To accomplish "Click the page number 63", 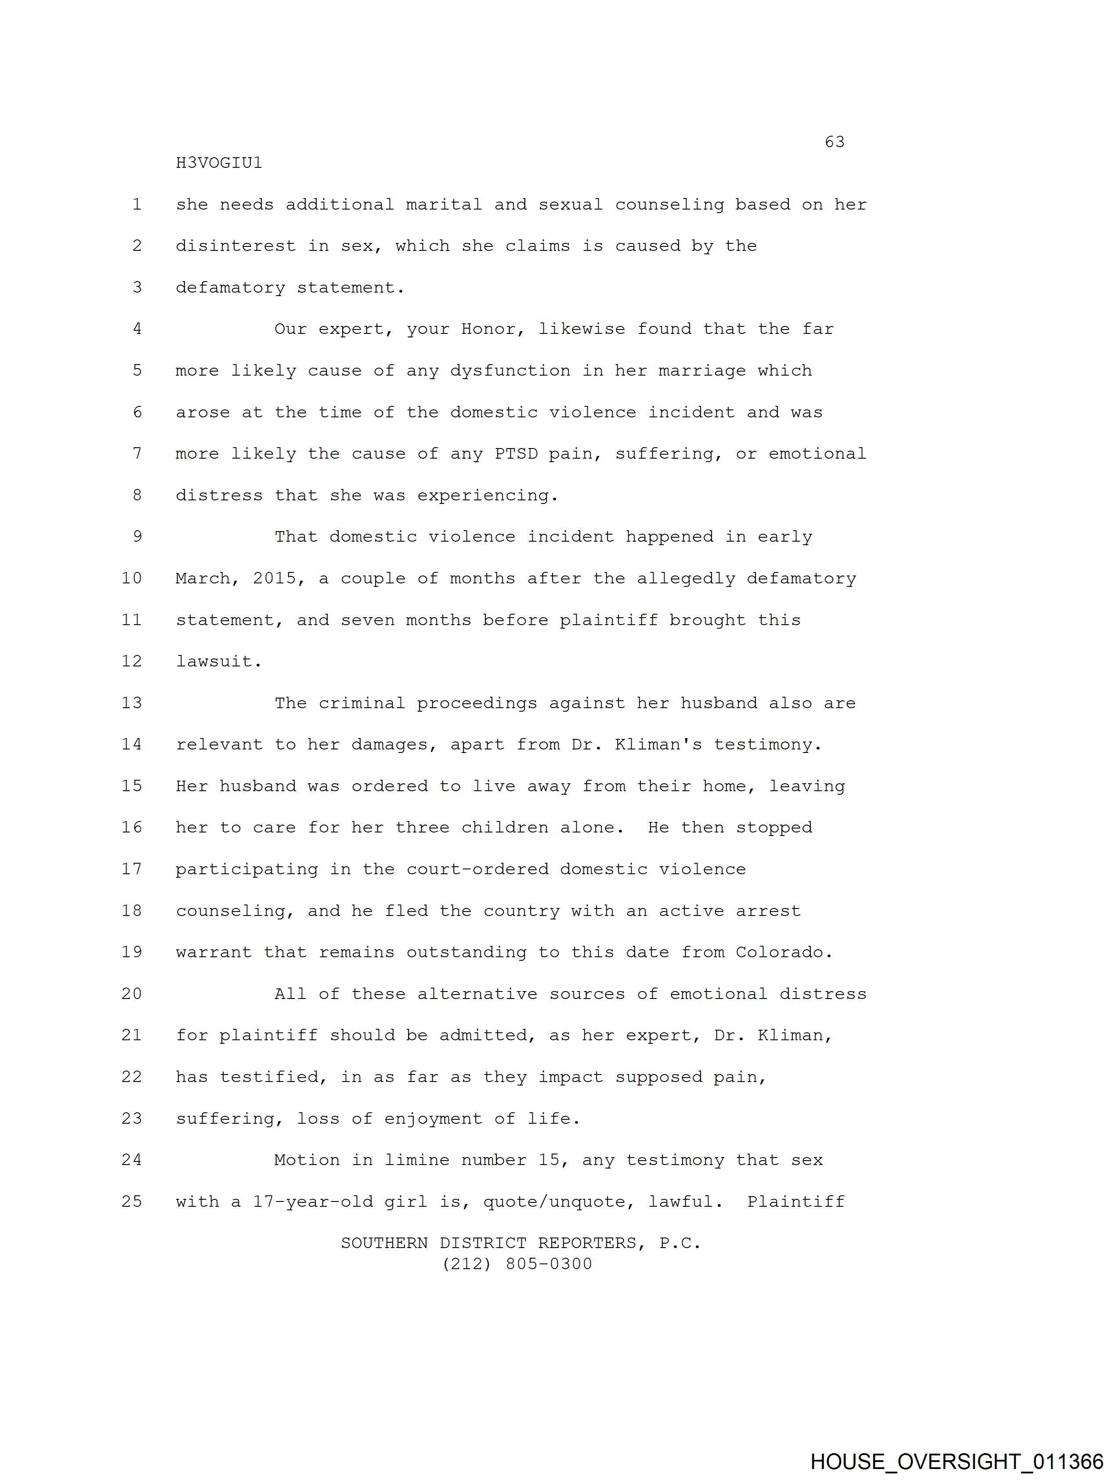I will [x=835, y=142].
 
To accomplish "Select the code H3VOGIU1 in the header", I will [x=219, y=163].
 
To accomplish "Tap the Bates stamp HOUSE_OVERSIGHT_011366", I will [x=956, y=1461].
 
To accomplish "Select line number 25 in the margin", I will [x=132, y=1201].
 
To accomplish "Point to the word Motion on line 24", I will [x=307, y=1160].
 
